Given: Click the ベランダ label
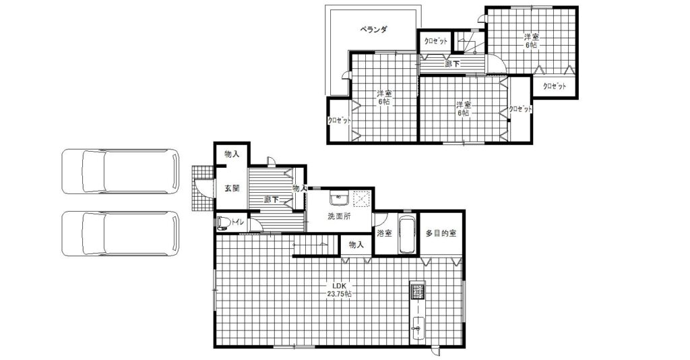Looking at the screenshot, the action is click(373, 30).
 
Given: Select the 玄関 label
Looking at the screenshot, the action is click(232, 188).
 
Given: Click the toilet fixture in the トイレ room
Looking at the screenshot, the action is click(223, 222).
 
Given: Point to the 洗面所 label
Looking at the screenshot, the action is click(339, 216).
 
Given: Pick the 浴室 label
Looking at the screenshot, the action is click(385, 233).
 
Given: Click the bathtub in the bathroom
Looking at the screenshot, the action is click(407, 235).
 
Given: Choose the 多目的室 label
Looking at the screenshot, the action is click(441, 233).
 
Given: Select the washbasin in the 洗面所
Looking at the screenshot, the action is click(340, 199).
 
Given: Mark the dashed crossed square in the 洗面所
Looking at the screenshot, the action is click(362, 199).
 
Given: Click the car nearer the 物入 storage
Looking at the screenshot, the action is click(121, 171).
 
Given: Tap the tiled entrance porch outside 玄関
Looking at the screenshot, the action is click(202, 188).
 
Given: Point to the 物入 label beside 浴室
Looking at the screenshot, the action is click(356, 245).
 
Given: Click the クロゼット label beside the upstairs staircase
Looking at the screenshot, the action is click(436, 41).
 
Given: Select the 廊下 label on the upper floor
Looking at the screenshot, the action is click(452, 64).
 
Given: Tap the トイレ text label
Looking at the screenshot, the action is click(238, 222).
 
